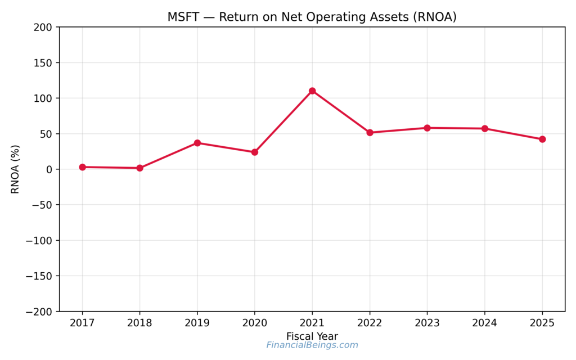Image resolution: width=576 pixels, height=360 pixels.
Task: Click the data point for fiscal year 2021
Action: pos(312,91)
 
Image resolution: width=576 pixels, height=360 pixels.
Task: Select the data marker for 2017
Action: pos(82,167)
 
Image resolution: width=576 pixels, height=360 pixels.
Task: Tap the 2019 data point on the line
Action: pos(197,143)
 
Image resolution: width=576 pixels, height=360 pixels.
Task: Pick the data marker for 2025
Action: pos(542,139)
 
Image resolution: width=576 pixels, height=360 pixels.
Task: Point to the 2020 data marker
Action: pos(255,152)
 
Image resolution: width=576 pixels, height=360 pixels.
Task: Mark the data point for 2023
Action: pos(427,128)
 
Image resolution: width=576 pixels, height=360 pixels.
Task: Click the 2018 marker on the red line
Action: pos(139,168)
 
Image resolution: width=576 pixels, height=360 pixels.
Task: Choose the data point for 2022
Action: pos(370,133)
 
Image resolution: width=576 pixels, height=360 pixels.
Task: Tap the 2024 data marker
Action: pos(484,128)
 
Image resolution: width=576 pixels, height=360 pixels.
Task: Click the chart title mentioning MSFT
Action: pos(312,17)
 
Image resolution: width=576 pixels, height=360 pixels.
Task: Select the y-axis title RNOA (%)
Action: pos(15,169)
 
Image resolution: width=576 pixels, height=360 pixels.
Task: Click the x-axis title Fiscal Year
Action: pos(312,336)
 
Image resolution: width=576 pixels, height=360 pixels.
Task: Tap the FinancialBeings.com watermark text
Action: pos(312,345)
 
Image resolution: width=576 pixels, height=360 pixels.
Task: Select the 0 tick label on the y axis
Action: pos(49,169)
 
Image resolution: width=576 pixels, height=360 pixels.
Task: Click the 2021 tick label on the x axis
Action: pos(312,323)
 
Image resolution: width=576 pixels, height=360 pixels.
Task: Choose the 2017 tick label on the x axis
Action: pos(82,323)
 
